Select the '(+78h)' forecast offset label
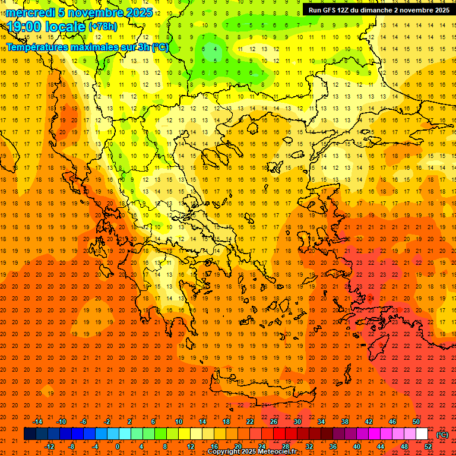[103, 27]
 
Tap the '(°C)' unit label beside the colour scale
[442, 435]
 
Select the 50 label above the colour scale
[416, 421]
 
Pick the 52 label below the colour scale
[428, 446]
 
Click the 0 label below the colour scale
[118, 446]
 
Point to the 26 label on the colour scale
[274, 421]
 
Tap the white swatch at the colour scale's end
[422, 433]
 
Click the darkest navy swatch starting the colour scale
[30, 433]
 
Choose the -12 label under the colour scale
[49, 446]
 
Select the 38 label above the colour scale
[345, 421]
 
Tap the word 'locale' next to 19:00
[65, 27]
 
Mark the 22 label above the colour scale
[250, 421]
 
